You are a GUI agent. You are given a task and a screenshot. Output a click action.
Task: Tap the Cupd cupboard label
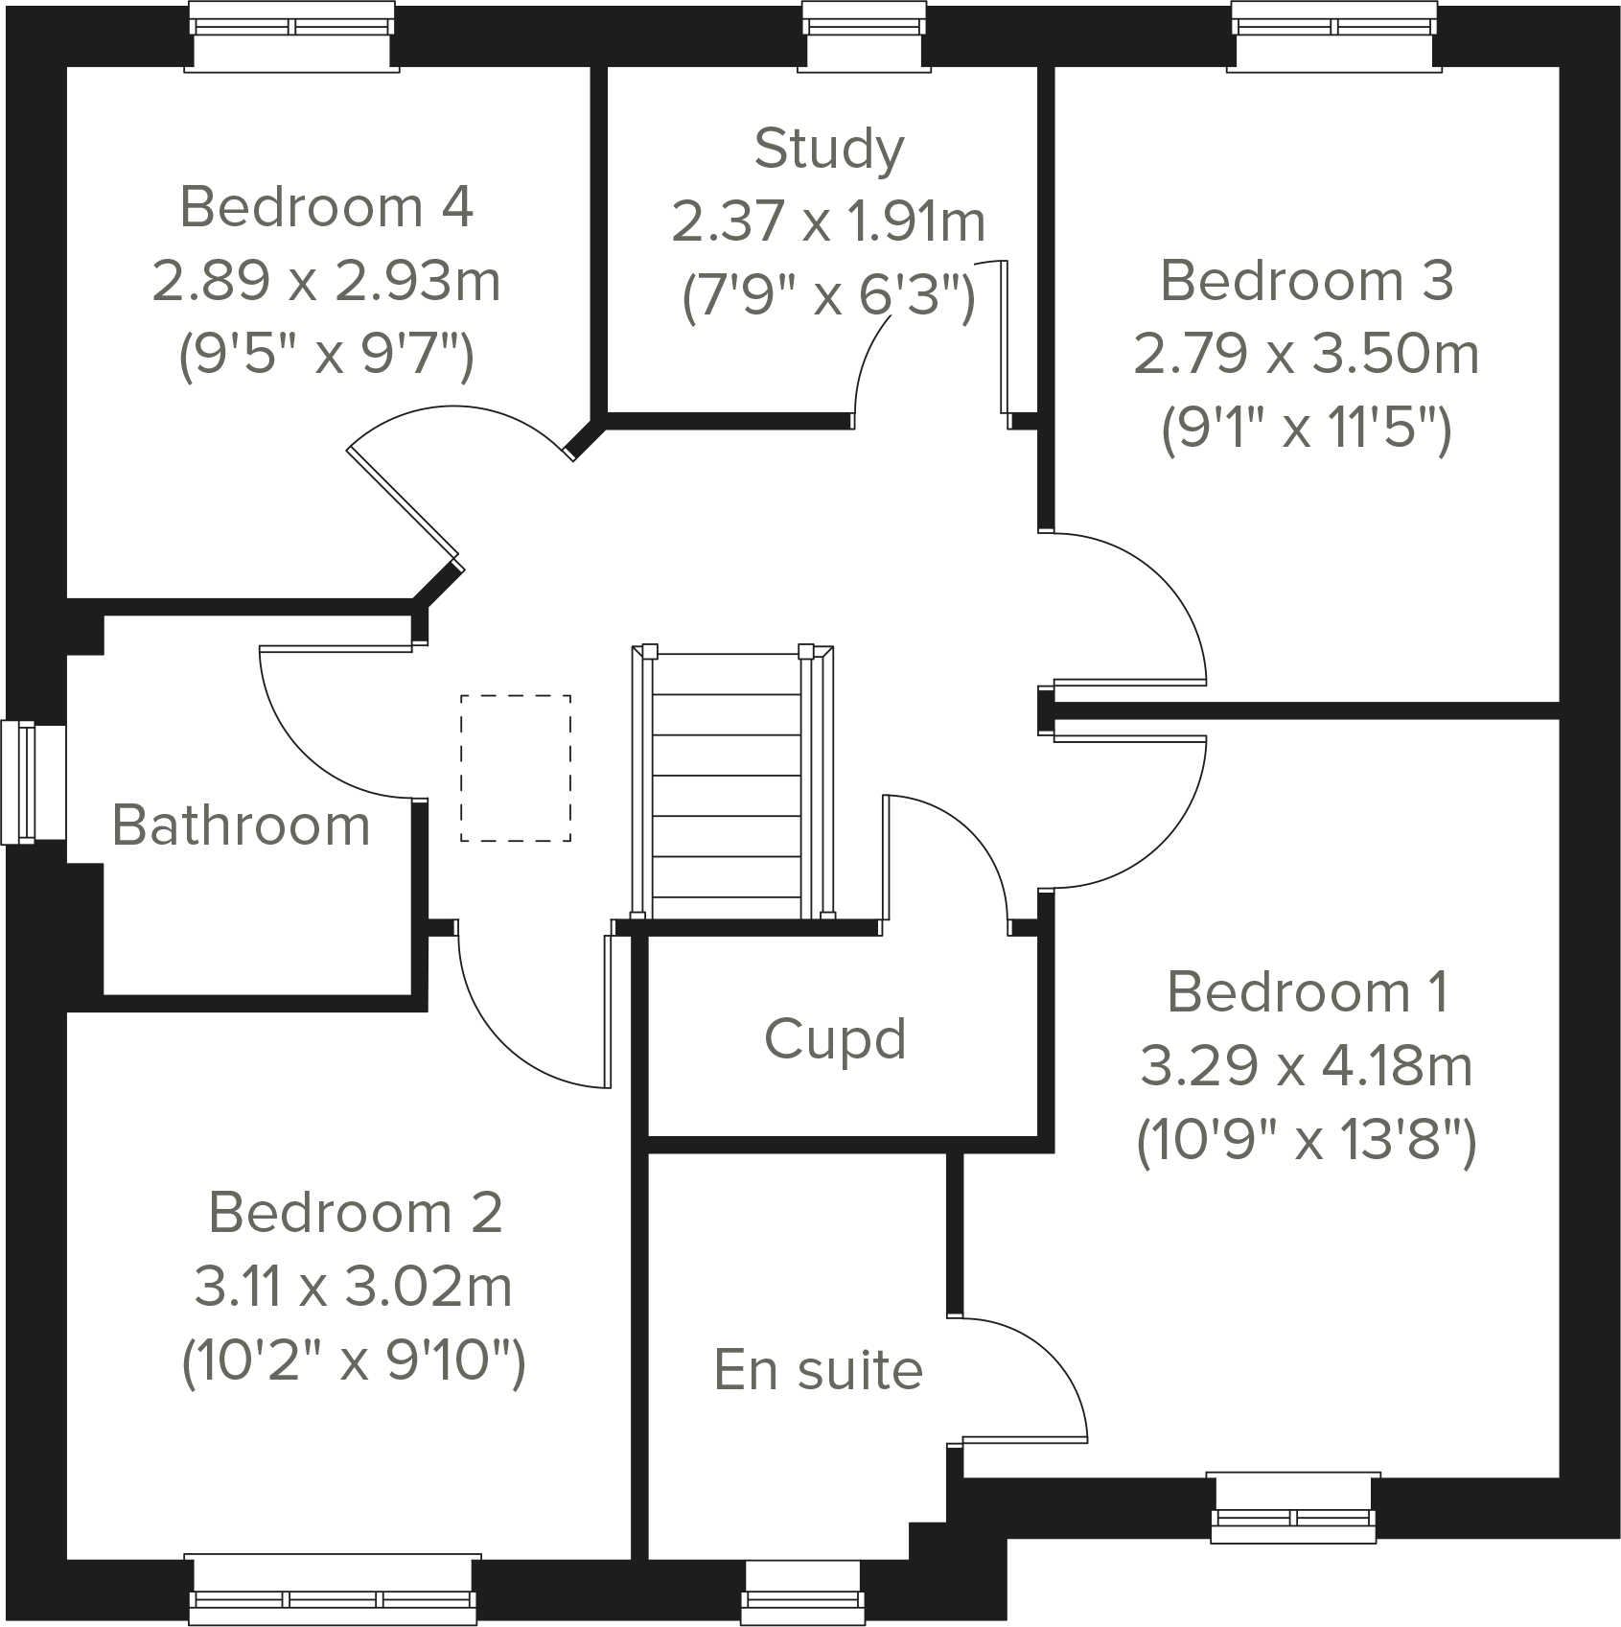coord(835,1039)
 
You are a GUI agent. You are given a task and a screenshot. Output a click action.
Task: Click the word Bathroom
coord(241,825)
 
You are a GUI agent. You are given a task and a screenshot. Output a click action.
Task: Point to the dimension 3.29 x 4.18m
coord(1306,1066)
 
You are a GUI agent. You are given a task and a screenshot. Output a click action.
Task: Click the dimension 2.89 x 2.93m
coord(326,282)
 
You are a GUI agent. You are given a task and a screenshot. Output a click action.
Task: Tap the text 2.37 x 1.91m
coord(828,222)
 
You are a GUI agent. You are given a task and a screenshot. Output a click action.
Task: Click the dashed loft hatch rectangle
coord(516,768)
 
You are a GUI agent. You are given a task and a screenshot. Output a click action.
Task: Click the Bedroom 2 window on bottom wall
coord(333,1589)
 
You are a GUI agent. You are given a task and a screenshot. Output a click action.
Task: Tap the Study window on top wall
coord(866,36)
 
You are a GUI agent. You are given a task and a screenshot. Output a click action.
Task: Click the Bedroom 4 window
coord(292,36)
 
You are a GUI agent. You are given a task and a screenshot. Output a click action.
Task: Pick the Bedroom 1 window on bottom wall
coord(1293,1509)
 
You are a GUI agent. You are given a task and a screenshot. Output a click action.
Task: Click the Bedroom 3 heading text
coord(1306,282)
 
